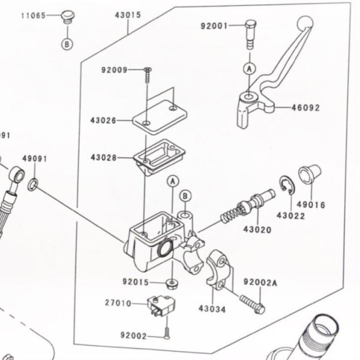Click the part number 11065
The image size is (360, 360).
pos(33,15)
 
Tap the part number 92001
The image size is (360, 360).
pos(214,26)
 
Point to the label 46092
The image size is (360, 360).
pos(305,108)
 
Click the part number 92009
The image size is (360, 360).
pos(114,70)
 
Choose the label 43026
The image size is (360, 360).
pos(103,121)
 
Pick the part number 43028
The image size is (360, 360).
pos(103,157)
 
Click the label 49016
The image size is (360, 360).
pos(311,205)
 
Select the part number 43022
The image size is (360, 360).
pos(290,215)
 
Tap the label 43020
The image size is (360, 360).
pos(257,229)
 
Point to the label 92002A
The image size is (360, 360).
pos(260,282)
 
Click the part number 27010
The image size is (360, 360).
pos(118,304)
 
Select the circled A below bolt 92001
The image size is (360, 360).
pos(248,69)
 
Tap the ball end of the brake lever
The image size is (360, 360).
pos(305,23)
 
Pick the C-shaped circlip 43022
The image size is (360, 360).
pos(286,186)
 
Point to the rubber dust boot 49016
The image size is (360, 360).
pos(310,174)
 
